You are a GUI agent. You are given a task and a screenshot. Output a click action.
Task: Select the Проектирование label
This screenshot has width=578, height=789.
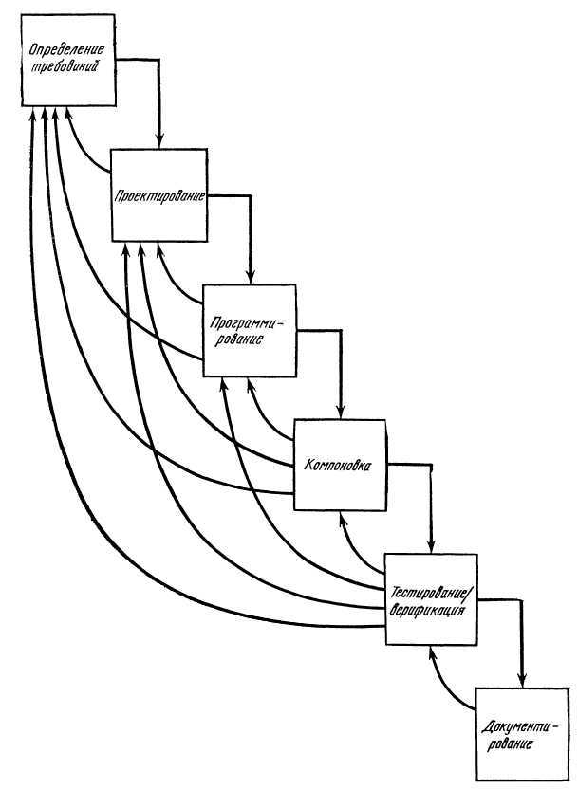[158, 196]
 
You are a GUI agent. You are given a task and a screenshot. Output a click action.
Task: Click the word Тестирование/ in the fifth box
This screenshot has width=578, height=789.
[431, 594]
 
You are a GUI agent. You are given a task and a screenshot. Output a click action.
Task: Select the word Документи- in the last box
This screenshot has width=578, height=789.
[520, 727]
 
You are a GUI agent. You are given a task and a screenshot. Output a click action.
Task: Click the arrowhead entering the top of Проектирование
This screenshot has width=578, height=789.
[160, 142]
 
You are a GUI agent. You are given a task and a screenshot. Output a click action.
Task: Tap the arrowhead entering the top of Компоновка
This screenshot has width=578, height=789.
[340, 413]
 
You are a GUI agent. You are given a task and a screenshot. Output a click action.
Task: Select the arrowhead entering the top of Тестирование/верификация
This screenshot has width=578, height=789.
[432, 551]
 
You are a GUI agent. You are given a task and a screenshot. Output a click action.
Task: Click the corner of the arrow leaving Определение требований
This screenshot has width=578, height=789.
[160, 63]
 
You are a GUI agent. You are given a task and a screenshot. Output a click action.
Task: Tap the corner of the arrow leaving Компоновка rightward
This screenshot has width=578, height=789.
[432, 464]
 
